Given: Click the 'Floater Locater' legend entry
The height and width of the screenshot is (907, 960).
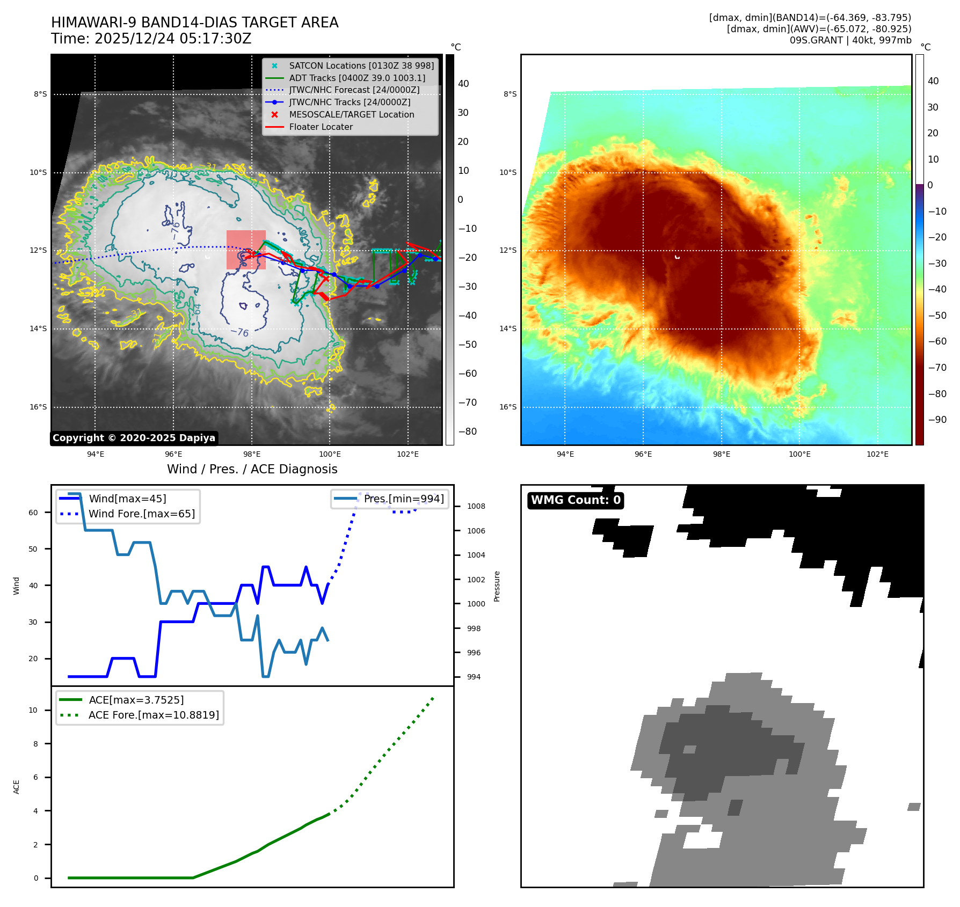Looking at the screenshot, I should [x=321, y=127].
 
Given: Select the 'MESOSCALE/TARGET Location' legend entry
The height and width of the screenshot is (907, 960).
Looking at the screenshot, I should [x=351, y=115].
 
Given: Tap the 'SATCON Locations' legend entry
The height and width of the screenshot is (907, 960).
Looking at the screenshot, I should [x=361, y=66].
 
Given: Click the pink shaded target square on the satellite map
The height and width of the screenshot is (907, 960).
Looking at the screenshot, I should [x=246, y=250].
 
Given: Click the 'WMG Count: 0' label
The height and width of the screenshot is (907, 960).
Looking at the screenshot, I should [x=576, y=500].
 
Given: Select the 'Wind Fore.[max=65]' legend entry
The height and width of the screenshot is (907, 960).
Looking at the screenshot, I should [x=142, y=514].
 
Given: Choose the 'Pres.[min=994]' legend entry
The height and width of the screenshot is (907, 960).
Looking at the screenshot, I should [x=403, y=499].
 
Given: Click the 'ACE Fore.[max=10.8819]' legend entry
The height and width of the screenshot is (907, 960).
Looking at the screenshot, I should [x=154, y=715].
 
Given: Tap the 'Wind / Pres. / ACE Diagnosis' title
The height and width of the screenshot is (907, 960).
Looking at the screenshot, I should [x=252, y=469].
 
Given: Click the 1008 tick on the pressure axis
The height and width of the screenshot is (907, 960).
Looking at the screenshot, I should [x=476, y=506].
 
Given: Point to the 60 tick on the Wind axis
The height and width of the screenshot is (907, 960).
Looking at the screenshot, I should [x=33, y=513].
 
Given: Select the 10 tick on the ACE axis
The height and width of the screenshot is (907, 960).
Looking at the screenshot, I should [x=33, y=710].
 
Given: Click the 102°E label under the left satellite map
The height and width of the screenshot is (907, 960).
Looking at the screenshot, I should [x=408, y=454].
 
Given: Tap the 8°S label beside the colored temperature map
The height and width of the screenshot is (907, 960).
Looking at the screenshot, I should [x=510, y=94].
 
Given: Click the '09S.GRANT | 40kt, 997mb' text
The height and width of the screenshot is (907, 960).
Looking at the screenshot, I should [x=850, y=40].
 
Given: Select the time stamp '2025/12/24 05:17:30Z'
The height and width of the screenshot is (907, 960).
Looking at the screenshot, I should [x=173, y=39].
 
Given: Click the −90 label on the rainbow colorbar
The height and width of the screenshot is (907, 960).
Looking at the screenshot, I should [x=937, y=420].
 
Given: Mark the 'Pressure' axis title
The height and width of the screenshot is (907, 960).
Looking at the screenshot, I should [x=497, y=586].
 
